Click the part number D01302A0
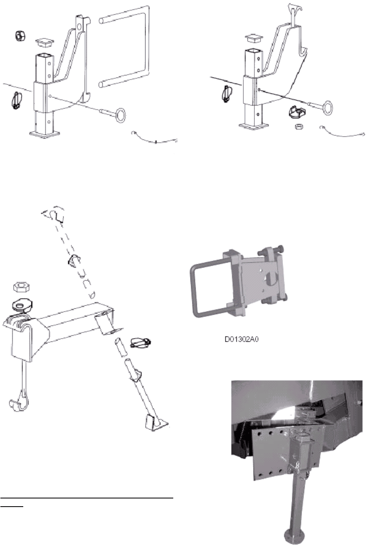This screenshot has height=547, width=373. pyautogui.click(x=241, y=339)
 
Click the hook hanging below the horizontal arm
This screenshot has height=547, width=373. pyautogui.click(x=19, y=405)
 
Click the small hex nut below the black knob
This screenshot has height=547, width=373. pyautogui.click(x=299, y=126)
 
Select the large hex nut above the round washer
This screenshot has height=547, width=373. pyautogui.click(x=22, y=287)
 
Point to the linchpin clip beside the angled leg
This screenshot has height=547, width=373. pyautogui.click(x=140, y=343)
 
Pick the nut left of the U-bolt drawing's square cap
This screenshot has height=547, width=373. pyautogui.click(x=20, y=36)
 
